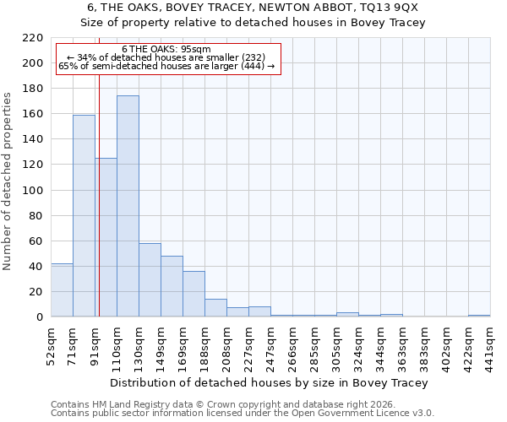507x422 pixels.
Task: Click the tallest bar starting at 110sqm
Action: pos(128,207)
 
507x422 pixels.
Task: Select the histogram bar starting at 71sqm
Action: pos(84,216)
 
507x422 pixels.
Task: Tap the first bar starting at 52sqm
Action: pos(62,290)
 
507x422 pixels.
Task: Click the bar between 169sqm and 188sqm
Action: pos(194,294)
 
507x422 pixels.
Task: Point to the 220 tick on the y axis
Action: pos(33,38)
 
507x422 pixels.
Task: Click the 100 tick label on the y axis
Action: pos(33,190)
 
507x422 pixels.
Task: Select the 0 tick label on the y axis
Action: pos(39,317)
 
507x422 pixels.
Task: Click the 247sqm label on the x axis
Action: pos(270,344)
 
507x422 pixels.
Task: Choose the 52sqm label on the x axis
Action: pos(51,344)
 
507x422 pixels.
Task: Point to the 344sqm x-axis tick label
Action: pos(380,344)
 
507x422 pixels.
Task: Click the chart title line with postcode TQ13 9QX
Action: pos(253,8)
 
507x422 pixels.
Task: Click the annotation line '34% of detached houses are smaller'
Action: pos(166,57)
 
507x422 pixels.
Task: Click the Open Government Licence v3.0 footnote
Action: pos(243,413)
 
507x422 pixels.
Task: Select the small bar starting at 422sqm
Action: pos(479,316)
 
